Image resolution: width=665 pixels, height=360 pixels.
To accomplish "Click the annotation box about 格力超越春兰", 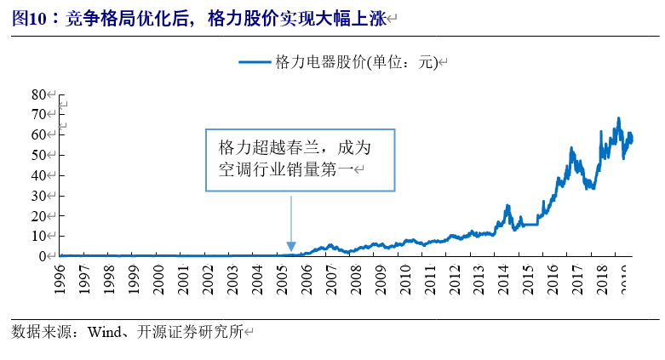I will coord(300,159).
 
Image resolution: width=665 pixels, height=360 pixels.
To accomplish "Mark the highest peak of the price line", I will coord(618,118).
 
